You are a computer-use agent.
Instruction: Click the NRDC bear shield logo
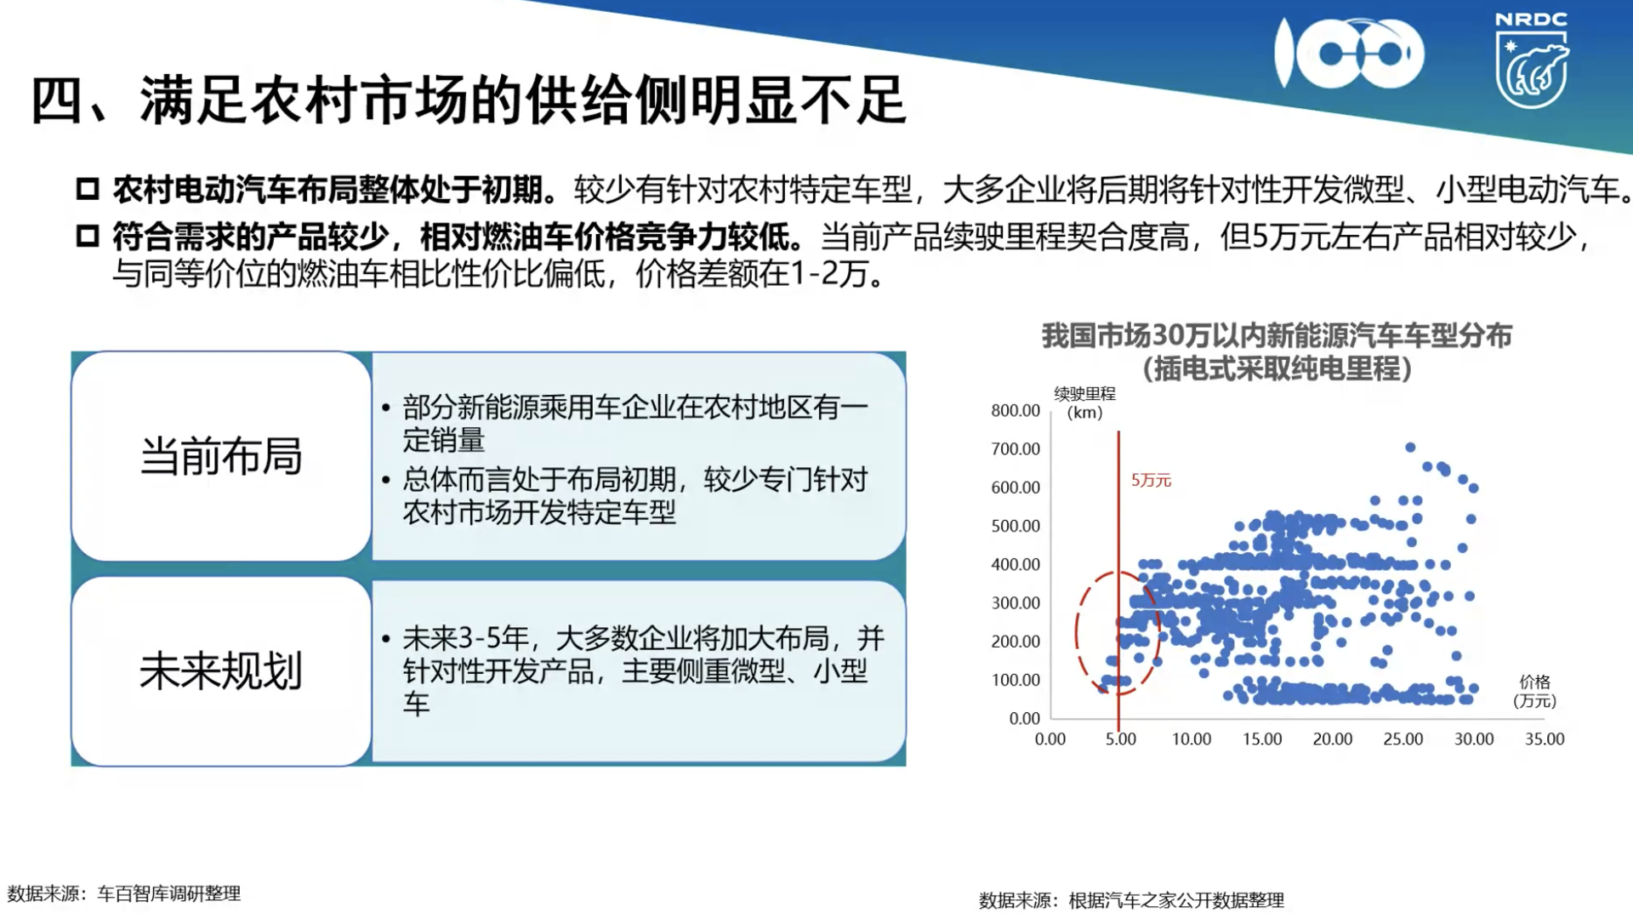(x=1531, y=61)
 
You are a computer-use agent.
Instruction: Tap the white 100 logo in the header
(x=1349, y=54)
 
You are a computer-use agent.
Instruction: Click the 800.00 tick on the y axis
(x=1016, y=410)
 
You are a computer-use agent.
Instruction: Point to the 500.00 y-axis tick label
(x=1016, y=526)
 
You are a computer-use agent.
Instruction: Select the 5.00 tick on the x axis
(x=1121, y=739)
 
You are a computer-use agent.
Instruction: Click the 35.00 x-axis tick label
(x=1545, y=739)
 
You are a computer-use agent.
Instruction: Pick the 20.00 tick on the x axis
(x=1333, y=739)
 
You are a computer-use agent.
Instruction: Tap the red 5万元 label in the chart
(x=1151, y=481)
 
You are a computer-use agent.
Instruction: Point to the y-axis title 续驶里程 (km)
(x=1085, y=403)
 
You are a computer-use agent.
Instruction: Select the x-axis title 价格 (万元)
(x=1535, y=691)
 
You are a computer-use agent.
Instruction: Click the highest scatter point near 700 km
(x=1410, y=448)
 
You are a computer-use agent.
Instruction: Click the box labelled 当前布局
(x=221, y=456)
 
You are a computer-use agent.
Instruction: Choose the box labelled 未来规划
(x=221, y=671)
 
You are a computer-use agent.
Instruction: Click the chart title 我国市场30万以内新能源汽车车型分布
(x=1277, y=336)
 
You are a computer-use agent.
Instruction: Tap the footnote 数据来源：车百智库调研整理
(x=124, y=893)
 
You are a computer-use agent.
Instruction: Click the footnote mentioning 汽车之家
(x=1131, y=900)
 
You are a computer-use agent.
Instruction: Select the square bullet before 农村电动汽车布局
(x=88, y=189)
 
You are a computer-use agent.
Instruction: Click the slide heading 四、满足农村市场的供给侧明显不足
(x=469, y=100)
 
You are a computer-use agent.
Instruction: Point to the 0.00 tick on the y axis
(x=1025, y=718)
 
